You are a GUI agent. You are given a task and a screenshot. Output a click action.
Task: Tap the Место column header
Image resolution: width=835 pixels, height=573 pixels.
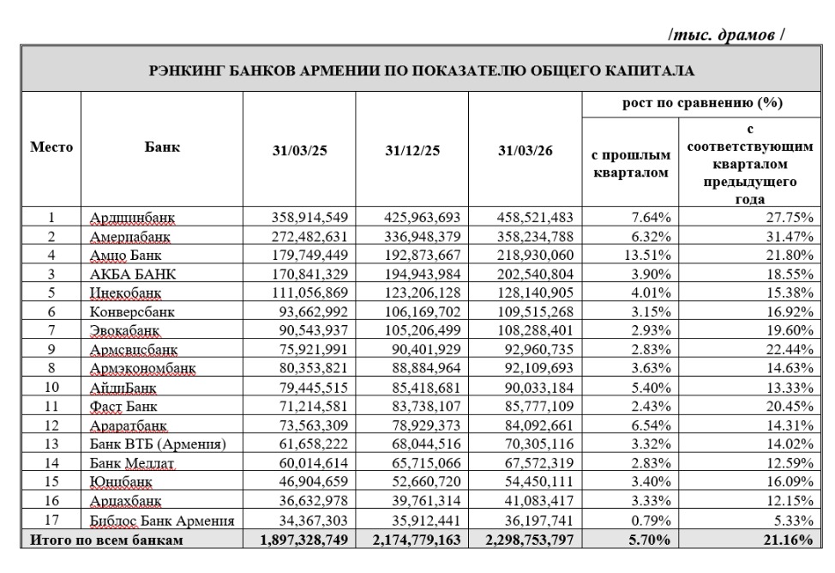(51, 147)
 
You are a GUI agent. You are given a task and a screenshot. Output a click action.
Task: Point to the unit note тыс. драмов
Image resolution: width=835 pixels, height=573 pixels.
(726, 35)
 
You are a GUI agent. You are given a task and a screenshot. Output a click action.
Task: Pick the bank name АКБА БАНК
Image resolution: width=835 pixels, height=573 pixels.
(133, 274)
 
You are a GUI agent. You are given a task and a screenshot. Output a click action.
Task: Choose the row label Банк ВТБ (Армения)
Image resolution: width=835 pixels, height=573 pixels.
(158, 443)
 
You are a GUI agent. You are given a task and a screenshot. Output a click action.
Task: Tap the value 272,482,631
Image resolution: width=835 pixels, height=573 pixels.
(299, 236)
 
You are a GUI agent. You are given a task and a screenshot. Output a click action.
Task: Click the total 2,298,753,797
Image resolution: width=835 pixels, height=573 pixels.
(528, 540)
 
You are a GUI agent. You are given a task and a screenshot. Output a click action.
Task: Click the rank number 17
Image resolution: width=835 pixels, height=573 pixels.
(51, 521)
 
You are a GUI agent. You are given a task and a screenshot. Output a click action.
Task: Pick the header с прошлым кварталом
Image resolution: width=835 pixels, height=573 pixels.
(631, 165)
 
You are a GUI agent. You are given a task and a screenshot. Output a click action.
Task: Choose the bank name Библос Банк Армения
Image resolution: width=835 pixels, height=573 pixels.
(161, 521)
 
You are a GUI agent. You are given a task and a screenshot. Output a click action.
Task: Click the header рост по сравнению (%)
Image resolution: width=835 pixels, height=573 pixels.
(702, 104)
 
